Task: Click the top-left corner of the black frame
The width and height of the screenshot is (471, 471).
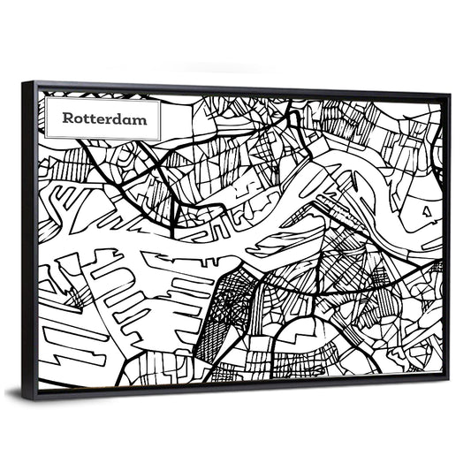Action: pyautogui.click(x=24, y=82)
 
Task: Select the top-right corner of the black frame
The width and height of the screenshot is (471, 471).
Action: pyautogui.click(x=448, y=94)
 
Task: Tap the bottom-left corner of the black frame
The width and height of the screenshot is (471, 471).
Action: pyautogui.click(x=33, y=399)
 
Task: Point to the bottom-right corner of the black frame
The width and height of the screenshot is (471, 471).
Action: pyautogui.click(x=446, y=379)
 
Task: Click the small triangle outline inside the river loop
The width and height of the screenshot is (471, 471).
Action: pyautogui.click(x=427, y=211)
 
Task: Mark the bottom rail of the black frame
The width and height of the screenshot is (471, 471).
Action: pyautogui.click(x=239, y=389)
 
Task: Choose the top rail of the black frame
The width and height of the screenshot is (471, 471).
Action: pyautogui.click(x=239, y=87)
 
